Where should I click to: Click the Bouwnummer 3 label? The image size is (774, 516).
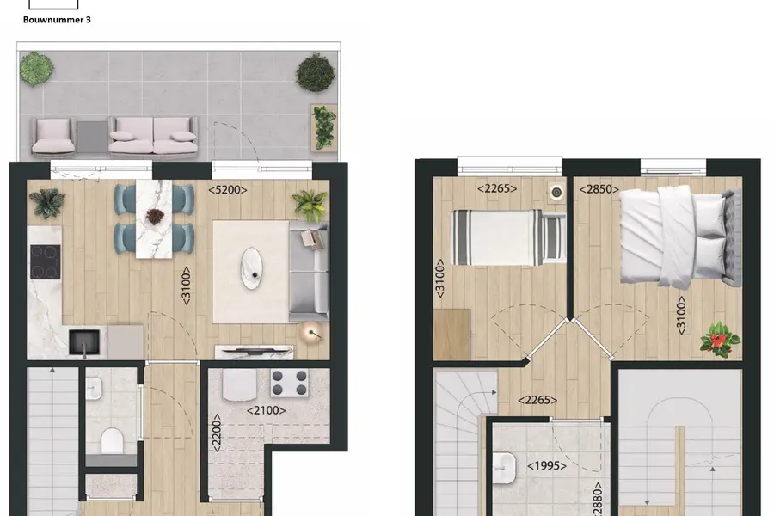[57, 20]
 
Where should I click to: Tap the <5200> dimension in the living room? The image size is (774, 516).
[228, 189]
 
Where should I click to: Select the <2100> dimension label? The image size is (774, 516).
[266, 410]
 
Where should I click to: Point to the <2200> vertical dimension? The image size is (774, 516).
[216, 433]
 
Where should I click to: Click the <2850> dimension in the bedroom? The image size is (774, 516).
[599, 189]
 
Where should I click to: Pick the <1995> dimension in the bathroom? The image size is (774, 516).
[546, 465]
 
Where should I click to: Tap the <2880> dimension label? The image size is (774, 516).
[598, 500]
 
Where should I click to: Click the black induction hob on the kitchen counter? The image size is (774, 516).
[46, 262]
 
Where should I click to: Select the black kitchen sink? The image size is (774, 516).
[84, 342]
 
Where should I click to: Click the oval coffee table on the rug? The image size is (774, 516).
[251, 268]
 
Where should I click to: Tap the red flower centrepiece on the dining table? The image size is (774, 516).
[155, 215]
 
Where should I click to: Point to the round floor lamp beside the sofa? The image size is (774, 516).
[311, 334]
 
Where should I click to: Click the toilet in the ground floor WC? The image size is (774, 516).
[112, 440]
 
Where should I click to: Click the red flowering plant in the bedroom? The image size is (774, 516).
[720, 340]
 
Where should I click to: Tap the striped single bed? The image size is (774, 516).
[508, 237]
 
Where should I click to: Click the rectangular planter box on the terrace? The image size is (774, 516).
[324, 128]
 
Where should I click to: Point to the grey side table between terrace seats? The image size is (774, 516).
[92, 137]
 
